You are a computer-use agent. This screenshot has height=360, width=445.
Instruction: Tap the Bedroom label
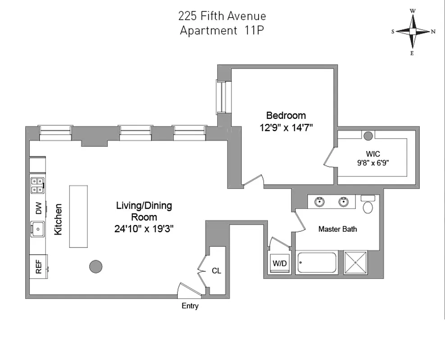pyautogui.click(x=286, y=115)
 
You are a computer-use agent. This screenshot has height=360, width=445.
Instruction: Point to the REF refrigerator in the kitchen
pyautogui.click(x=38, y=267)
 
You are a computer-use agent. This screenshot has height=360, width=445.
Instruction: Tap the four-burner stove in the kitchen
pyautogui.click(x=37, y=185)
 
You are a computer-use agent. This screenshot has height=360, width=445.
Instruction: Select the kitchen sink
pyautogui.click(x=38, y=229)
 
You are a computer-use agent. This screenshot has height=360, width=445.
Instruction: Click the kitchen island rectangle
pyautogui.click(x=78, y=216)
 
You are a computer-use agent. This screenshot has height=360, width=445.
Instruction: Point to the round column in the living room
pyautogui.click(x=95, y=266)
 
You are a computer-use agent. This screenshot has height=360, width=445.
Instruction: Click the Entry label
pyautogui.click(x=190, y=306)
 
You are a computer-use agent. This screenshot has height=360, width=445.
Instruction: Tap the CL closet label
pyautogui.click(x=216, y=271)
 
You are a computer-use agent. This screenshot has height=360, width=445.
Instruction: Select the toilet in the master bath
pyautogui.click(x=368, y=205)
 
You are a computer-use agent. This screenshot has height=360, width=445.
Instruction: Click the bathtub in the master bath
pyautogui.click(x=317, y=263)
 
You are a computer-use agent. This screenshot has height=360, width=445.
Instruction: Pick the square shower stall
pyautogui.click(x=356, y=262)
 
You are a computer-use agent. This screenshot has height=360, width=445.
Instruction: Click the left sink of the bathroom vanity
pyautogui.click(x=320, y=201)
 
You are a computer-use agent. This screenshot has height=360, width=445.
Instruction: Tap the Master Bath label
pyautogui.click(x=337, y=229)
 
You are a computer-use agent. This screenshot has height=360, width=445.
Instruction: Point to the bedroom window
pyautogui.click(x=221, y=97)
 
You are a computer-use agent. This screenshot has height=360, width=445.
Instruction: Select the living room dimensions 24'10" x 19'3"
pyautogui.click(x=144, y=228)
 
